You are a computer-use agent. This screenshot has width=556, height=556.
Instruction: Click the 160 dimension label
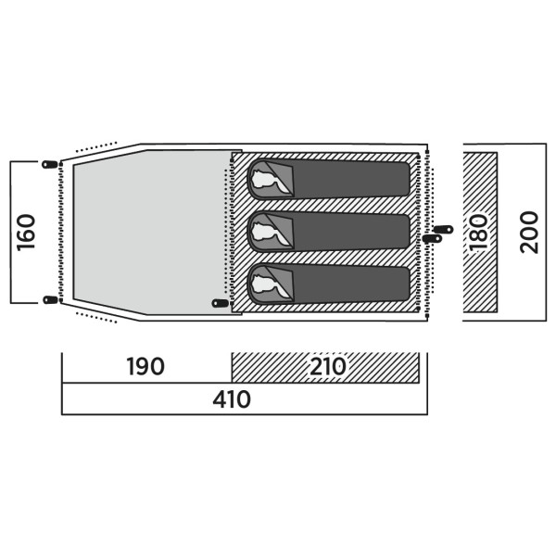(x=26, y=233)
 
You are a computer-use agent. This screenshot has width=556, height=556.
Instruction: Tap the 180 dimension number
(x=478, y=233)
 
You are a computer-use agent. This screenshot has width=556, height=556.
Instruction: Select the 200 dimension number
(x=529, y=233)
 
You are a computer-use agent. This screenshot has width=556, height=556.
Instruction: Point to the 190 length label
(x=145, y=366)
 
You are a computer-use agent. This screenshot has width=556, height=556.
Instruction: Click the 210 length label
(x=328, y=366)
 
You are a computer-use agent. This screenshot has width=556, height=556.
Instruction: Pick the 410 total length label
(x=232, y=399)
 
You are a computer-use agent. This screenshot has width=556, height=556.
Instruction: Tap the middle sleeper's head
(x=266, y=231)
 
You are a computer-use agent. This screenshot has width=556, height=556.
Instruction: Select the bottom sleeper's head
(x=266, y=284)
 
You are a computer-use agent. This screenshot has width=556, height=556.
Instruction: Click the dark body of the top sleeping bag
(x=351, y=179)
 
